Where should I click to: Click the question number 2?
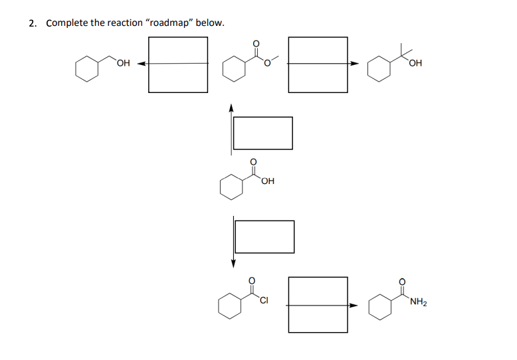click(32, 23)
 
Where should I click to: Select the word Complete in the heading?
click(66, 23)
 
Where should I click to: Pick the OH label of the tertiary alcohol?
click(417, 63)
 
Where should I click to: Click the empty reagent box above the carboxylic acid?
click(262, 133)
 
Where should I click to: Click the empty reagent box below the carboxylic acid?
click(264, 236)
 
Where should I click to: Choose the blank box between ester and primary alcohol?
click(177, 64)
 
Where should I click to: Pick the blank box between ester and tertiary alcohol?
click(318, 64)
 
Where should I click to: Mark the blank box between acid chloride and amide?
click(318, 305)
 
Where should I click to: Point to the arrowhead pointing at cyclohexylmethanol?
click(142, 64)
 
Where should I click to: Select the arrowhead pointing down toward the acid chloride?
click(233, 264)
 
